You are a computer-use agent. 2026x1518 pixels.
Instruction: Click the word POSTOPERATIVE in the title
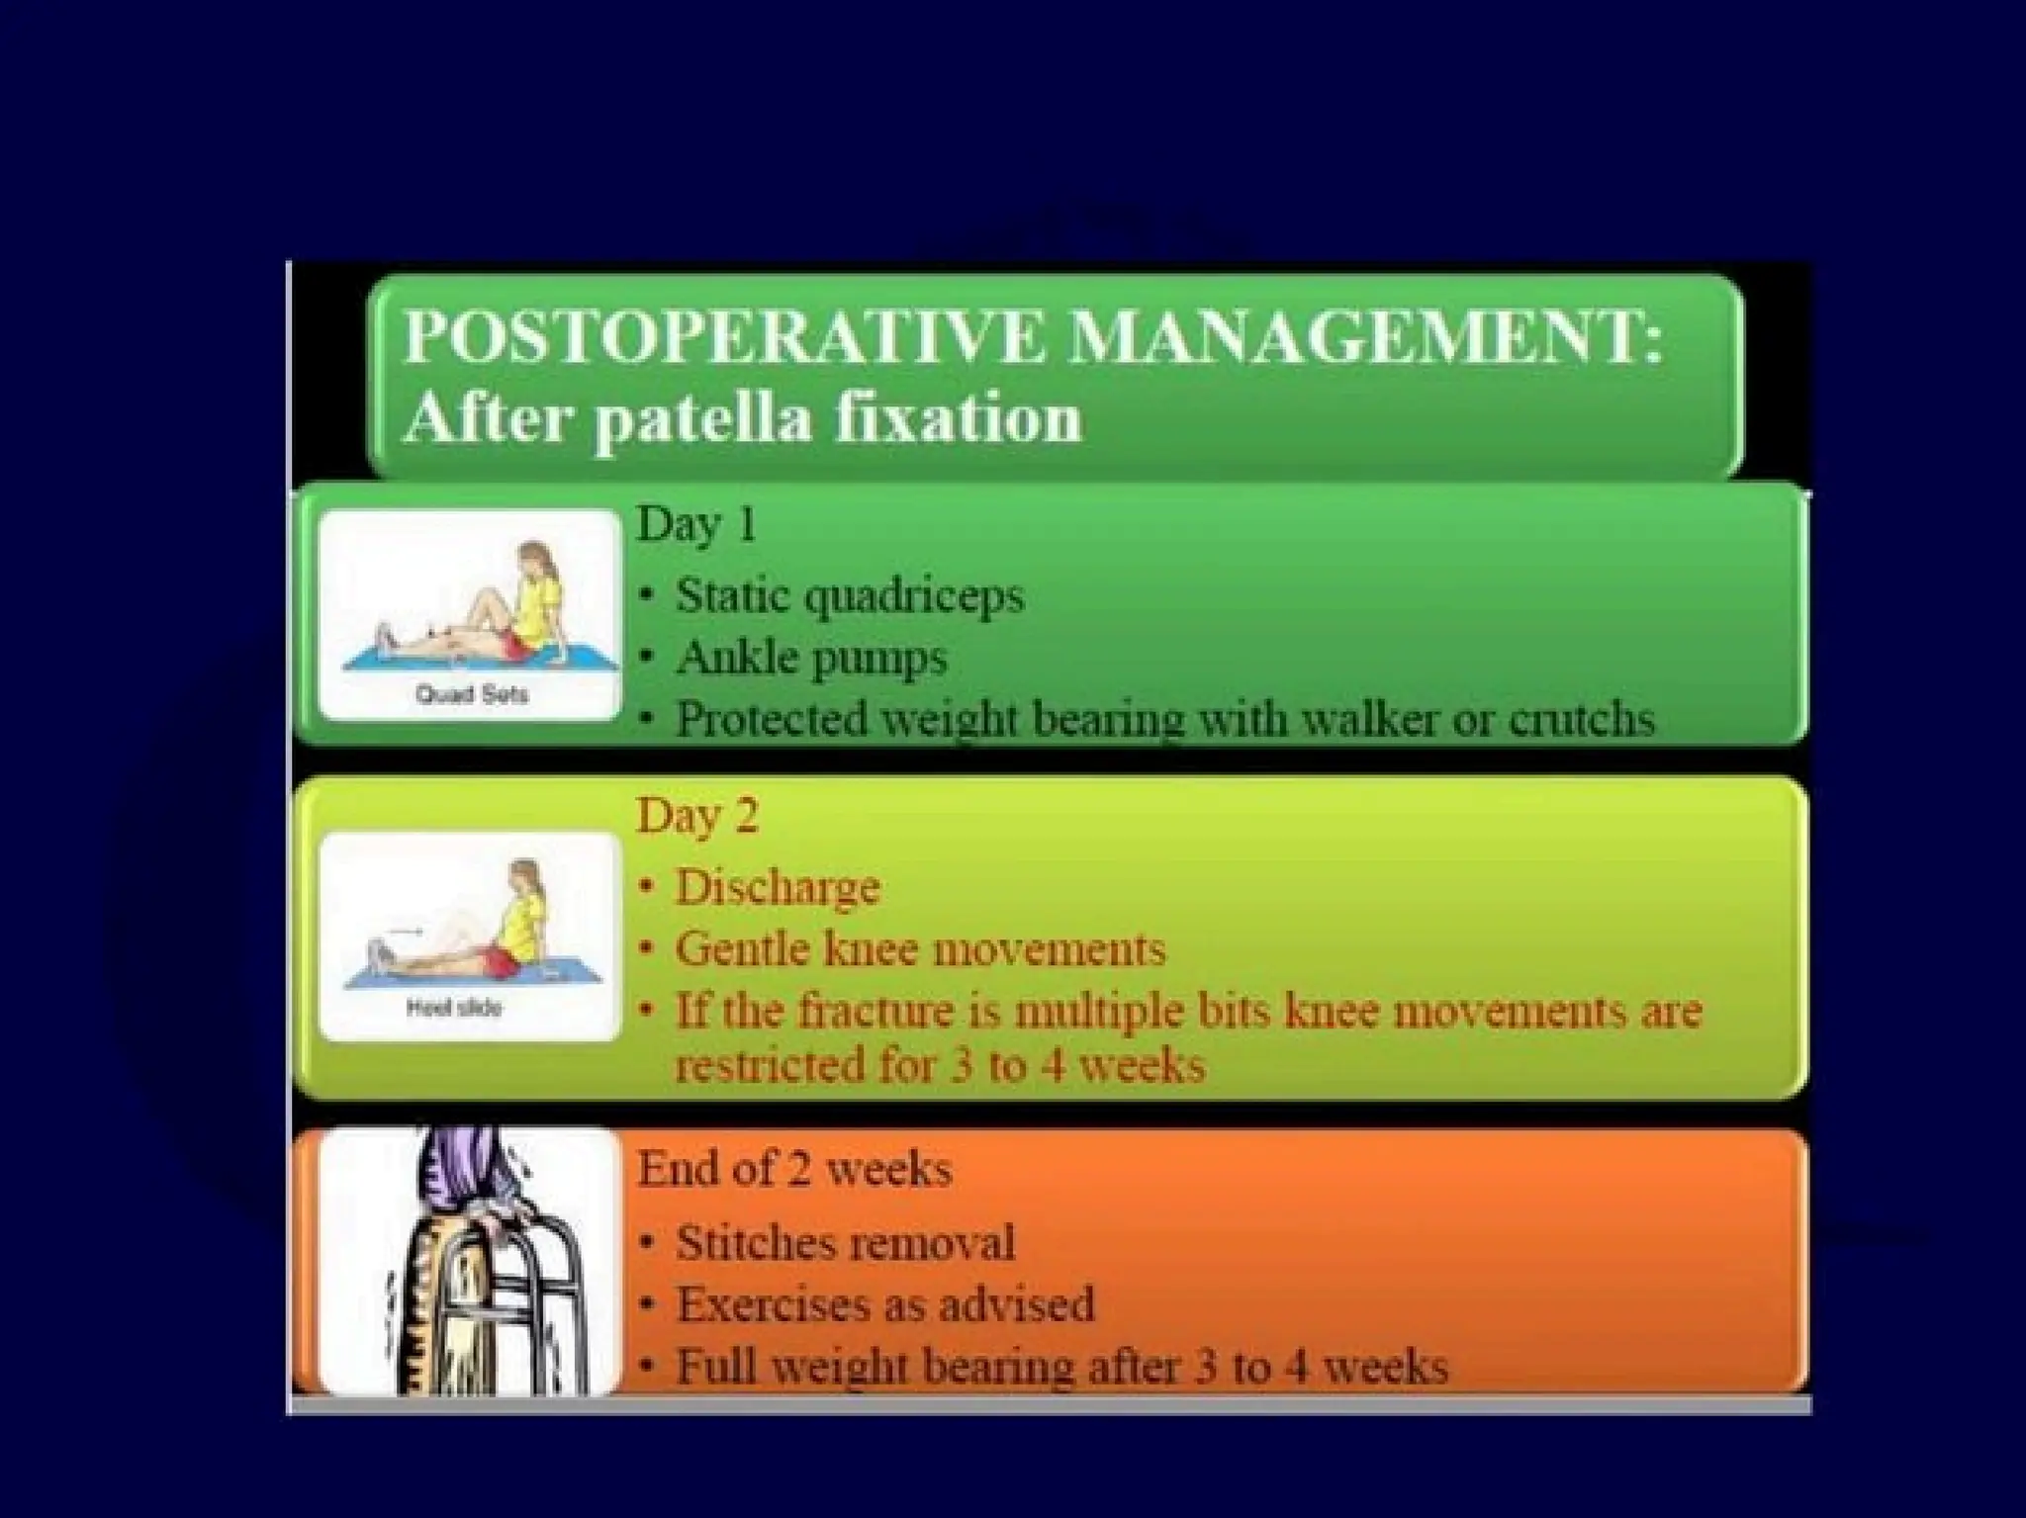(x=722, y=337)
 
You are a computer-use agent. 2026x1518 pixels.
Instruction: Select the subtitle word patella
(x=704, y=418)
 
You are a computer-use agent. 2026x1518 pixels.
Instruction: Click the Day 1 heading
(x=696, y=524)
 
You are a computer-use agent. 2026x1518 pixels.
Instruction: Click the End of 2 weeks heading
(x=794, y=1169)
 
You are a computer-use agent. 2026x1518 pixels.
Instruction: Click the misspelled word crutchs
(x=1581, y=720)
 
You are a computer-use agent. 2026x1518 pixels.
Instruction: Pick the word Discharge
(x=778, y=887)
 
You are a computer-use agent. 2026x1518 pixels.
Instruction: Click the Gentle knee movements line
(x=920, y=949)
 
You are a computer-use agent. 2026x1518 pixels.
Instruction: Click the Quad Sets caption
(x=472, y=693)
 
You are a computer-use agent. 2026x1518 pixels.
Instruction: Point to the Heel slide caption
(x=454, y=1008)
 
